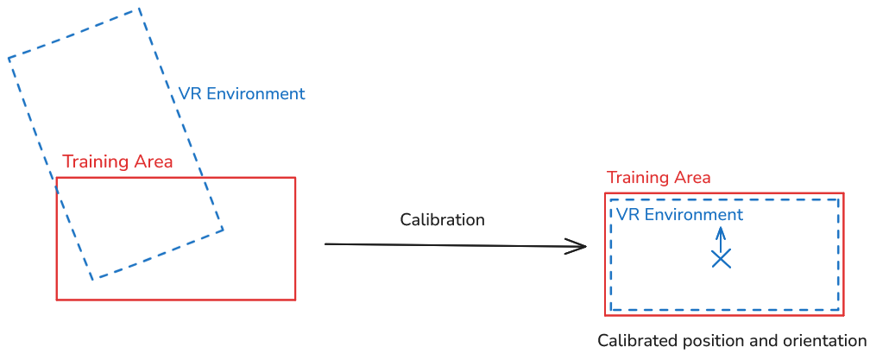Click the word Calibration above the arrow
coord(442,220)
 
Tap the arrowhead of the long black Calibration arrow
coord(583,247)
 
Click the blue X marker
coord(721,258)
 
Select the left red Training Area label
coord(117,162)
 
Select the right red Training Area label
coord(659,178)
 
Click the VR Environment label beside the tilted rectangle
coord(242,94)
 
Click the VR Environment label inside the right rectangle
coord(679,215)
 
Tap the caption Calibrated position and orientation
coord(732,340)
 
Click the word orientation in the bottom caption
coord(825,340)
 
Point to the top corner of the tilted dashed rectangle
coord(138,9)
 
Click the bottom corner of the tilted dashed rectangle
coord(92,279)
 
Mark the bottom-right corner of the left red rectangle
coord(295,300)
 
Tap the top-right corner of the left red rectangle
coord(295,178)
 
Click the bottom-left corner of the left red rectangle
coord(57,300)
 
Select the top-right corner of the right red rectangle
coord(843,193)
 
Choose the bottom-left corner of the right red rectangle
coord(605,315)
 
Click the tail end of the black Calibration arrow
coord(326,244)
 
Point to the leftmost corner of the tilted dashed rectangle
coord(9,58)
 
